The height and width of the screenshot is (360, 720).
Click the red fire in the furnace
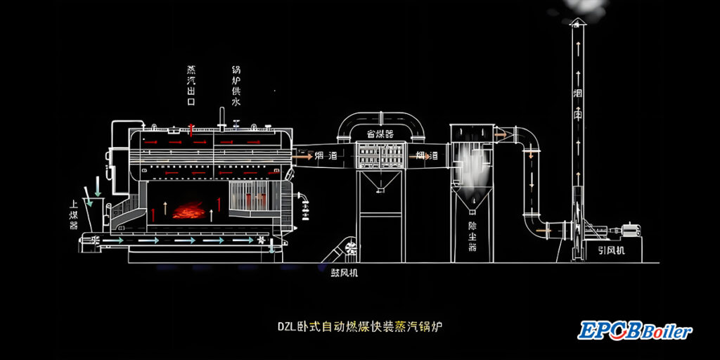click(x=188, y=210)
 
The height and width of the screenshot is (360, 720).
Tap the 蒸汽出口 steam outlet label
click(x=191, y=86)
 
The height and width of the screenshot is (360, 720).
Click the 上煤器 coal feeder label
click(x=74, y=214)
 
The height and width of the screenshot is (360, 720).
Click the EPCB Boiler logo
click(x=634, y=330)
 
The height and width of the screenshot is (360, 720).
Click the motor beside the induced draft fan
click(x=629, y=229)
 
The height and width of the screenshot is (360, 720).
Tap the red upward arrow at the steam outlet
click(x=191, y=129)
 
